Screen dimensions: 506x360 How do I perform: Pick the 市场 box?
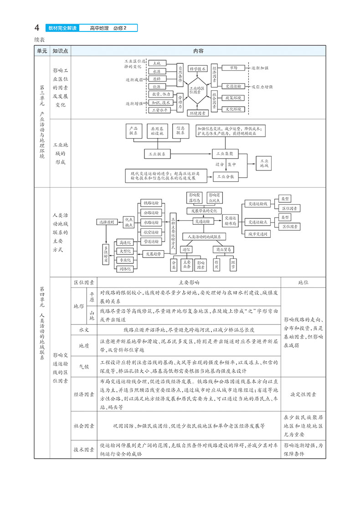tap(233, 67)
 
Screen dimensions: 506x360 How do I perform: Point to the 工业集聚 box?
tap(225, 155)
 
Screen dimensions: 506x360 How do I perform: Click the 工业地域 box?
tap(264, 164)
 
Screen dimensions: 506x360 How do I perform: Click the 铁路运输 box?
tap(150, 202)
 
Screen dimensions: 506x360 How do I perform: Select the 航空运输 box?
tap(150, 232)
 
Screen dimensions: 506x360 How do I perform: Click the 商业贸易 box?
tap(223, 249)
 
